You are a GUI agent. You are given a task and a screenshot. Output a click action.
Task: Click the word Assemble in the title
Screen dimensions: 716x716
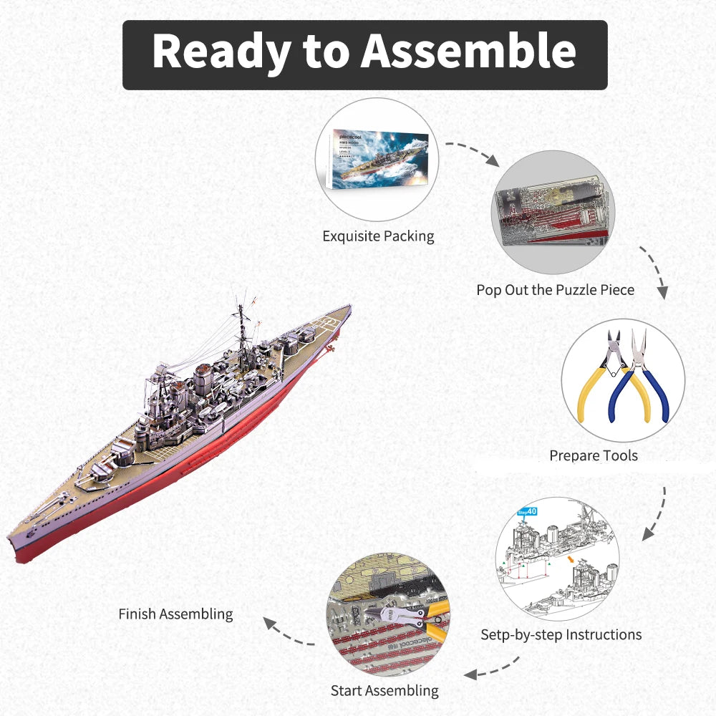468,52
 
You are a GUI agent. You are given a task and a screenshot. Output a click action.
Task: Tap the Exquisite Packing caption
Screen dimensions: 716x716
378,236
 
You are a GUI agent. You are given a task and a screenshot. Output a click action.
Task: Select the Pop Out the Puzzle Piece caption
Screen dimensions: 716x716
556,290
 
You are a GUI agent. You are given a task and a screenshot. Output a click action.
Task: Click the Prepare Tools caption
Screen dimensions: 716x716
594,455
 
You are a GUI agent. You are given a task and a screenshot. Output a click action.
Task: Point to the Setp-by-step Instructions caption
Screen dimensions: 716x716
561,634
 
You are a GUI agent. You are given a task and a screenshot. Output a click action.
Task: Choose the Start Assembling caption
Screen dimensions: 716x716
384,691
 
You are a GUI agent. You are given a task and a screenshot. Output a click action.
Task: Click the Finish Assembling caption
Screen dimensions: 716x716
175,614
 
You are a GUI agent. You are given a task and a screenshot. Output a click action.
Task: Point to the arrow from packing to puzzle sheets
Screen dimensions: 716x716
472,152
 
